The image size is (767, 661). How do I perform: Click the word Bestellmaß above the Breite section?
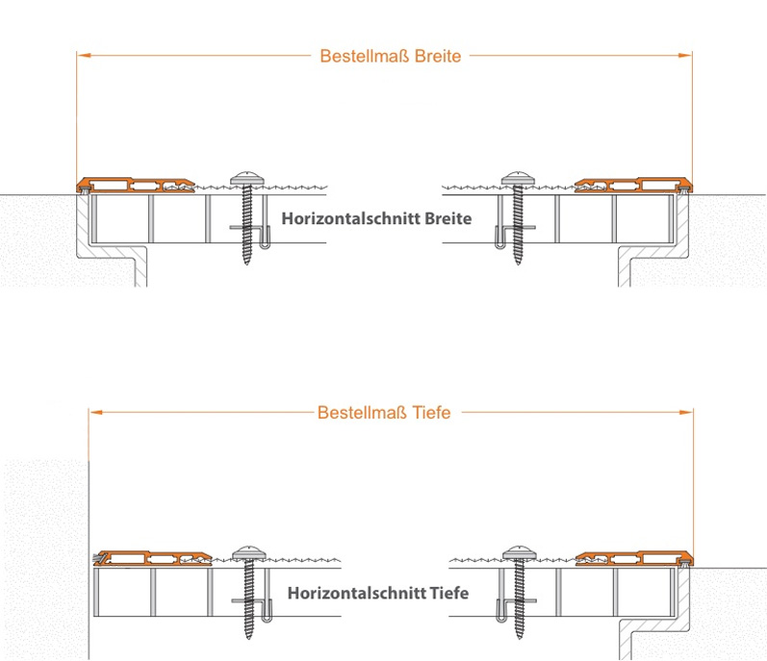[365, 56]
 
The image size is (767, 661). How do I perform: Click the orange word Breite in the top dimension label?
[438, 56]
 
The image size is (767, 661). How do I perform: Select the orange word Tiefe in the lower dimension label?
[431, 413]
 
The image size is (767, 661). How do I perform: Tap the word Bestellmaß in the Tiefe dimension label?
[362, 413]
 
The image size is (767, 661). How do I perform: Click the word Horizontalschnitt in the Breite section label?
[350, 218]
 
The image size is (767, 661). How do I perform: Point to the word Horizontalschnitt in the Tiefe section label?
[357, 593]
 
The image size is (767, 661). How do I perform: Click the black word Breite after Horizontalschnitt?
[448, 218]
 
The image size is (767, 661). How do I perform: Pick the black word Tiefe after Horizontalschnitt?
[449, 593]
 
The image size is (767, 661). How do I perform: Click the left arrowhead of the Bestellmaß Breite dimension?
[84, 55]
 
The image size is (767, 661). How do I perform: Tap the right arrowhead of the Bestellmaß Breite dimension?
[685, 55]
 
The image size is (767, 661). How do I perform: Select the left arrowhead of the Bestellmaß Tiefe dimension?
[96, 412]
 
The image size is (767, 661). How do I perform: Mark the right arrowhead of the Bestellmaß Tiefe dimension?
[686, 412]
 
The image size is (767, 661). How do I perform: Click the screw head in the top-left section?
[247, 178]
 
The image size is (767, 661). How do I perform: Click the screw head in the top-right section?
[518, 178]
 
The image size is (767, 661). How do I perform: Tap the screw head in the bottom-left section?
[249, 552]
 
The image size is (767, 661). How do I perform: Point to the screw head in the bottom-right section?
[520, 552]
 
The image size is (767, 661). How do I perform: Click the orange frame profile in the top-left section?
[136, 185]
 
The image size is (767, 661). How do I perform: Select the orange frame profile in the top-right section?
[633, 185]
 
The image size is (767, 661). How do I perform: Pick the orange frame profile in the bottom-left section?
[153, 558]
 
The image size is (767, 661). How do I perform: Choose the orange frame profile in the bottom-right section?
[634, 558]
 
